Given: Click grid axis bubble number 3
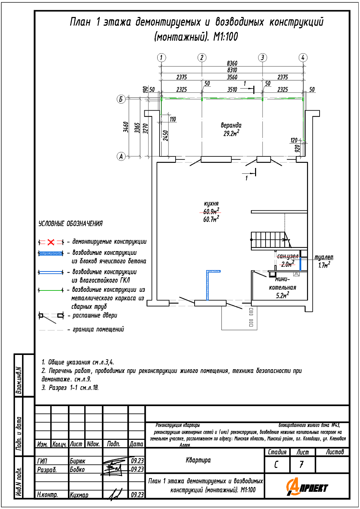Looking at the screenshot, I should [262, 58].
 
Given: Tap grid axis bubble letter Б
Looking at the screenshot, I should [121, 99].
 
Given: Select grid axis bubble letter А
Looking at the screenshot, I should [121, 156].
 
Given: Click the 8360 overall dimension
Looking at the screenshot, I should [232, 63].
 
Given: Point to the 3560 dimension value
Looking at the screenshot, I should [232, 77].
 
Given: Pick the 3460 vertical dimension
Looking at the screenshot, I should [126, 127].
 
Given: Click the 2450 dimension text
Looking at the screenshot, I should [165, 135].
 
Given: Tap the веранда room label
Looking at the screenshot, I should [231, 125].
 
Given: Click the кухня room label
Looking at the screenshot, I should [211, 204].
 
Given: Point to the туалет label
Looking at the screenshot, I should [324, 257].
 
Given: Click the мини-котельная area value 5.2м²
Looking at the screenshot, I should [283, 296].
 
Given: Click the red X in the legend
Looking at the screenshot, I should [51, 242].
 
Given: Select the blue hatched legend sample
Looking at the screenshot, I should [51, 253].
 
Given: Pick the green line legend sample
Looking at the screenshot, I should [51, 290].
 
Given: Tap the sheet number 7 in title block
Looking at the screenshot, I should [302, 465].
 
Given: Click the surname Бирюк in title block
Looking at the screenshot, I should [77, 461].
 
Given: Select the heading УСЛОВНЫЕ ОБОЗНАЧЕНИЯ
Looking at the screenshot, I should [70, 224].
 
